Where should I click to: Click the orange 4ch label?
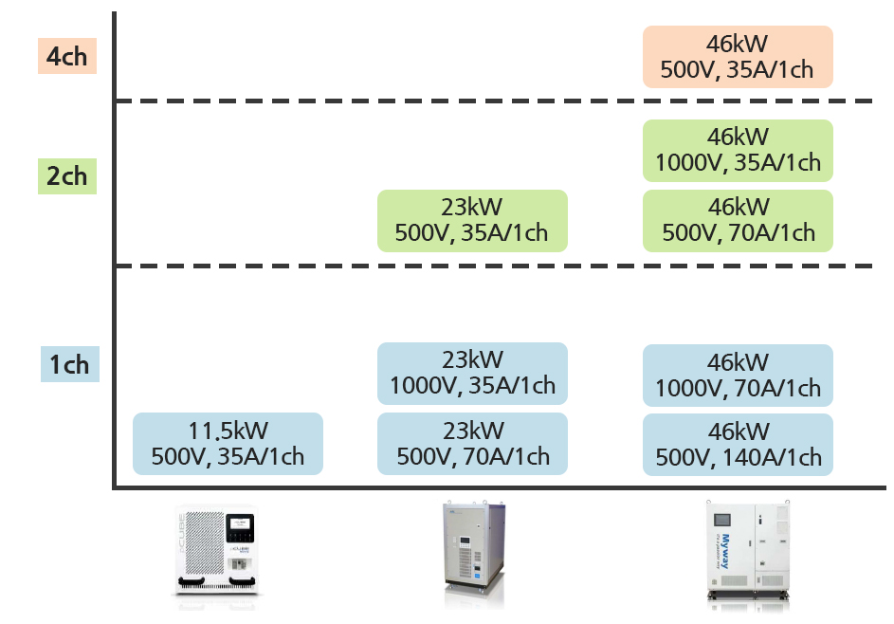[x=66, y=56]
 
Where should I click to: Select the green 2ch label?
[x=66, y=176]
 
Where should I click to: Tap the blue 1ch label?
[x=68, y=364]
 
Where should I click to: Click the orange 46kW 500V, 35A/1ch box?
[x=737, y=57]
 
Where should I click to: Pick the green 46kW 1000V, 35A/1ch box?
[x=737, y=150]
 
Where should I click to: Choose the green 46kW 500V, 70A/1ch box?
[x=737, y=220]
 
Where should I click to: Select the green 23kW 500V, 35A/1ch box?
[x=471, y=220]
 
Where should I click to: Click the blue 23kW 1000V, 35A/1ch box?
[x=471, y=374]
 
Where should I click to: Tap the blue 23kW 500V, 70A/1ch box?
[x=471, y=443]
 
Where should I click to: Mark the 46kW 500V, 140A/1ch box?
[x=737, y=444]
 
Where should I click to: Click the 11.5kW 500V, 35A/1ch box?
[x=228, y=443]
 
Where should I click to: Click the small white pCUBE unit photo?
[x=216, y=552]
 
